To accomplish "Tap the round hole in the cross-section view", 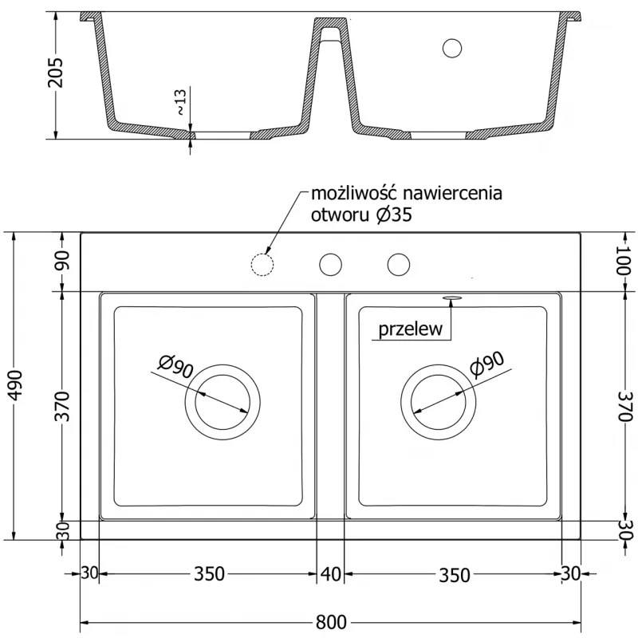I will (452, 48).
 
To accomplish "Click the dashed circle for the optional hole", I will (262, 263).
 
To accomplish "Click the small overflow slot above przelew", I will (451, 297).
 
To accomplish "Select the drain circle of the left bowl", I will (223, 402).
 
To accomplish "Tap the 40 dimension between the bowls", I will (330, 573).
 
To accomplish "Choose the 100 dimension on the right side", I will (624, 262).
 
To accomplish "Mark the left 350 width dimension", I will (208, 573).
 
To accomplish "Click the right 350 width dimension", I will (454, 573).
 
